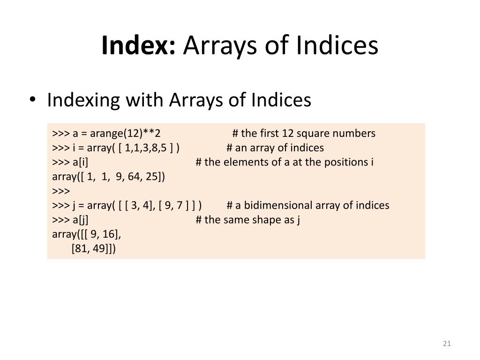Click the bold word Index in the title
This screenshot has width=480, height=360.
[138, 45]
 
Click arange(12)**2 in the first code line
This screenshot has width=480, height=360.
[125, 133]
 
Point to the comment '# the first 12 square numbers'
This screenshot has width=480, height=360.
[304, 133]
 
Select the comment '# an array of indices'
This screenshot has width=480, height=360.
[275, 148]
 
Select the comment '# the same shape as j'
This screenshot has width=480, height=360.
[247, 220]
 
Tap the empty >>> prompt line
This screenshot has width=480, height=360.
[61, 191]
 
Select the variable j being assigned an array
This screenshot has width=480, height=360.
[74, 205]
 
